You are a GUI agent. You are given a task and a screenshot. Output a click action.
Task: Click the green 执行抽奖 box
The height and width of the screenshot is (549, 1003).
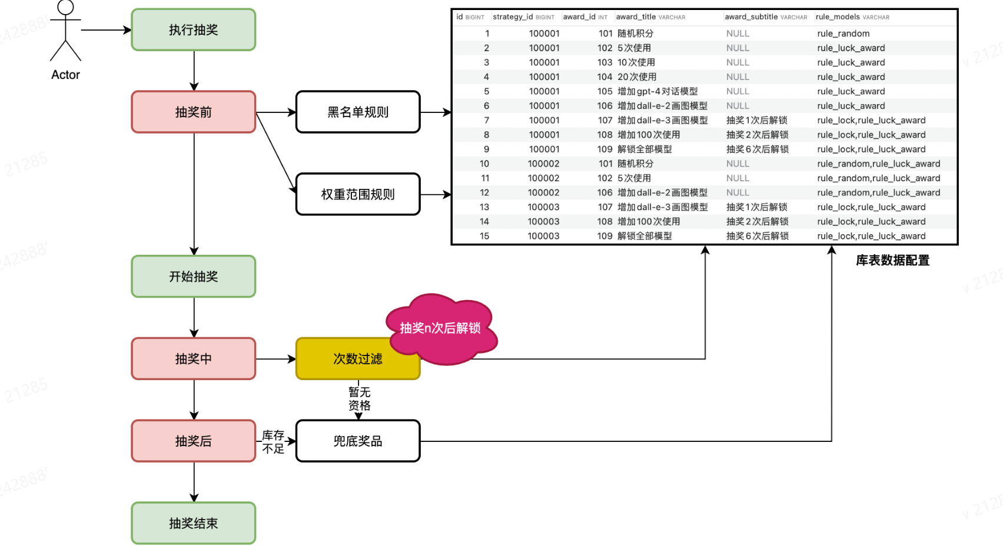point(193,30)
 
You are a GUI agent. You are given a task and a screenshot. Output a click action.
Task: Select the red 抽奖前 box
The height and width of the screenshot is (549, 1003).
point(193,112)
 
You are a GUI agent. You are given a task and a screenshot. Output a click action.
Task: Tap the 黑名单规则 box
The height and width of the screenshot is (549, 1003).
point(357,112)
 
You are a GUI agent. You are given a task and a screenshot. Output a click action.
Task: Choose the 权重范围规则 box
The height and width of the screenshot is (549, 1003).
point(357,194)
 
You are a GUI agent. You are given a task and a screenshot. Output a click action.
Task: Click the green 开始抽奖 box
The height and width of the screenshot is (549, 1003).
point(193,277)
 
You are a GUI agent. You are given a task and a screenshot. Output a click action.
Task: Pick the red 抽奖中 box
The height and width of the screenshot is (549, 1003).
point(193,359)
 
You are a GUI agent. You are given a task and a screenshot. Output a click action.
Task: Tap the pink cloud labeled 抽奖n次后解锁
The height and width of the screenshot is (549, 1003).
point(440,328)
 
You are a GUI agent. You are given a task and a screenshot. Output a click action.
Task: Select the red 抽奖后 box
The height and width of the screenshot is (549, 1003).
point(193,441)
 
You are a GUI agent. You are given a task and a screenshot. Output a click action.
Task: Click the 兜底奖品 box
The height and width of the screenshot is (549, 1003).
point(357,441)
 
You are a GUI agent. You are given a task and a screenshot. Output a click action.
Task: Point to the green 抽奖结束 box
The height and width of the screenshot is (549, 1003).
point(193,523)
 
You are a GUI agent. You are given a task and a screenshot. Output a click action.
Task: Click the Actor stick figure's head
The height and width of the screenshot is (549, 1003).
point(65,7)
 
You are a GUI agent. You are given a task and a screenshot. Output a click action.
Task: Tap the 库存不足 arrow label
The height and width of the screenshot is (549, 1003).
point(273,442)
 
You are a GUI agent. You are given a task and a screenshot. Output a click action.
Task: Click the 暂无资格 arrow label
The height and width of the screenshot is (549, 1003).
point(359,398)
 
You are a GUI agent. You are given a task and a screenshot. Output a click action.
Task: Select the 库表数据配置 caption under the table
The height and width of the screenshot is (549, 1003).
point(892,260)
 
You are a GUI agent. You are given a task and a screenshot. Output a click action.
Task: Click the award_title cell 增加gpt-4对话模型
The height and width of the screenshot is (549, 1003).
point(657,91)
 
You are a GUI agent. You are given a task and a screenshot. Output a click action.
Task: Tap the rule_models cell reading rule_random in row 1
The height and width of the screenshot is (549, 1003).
point(843,34)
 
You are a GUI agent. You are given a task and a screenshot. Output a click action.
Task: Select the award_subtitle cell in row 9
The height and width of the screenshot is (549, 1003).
point(757,149)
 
